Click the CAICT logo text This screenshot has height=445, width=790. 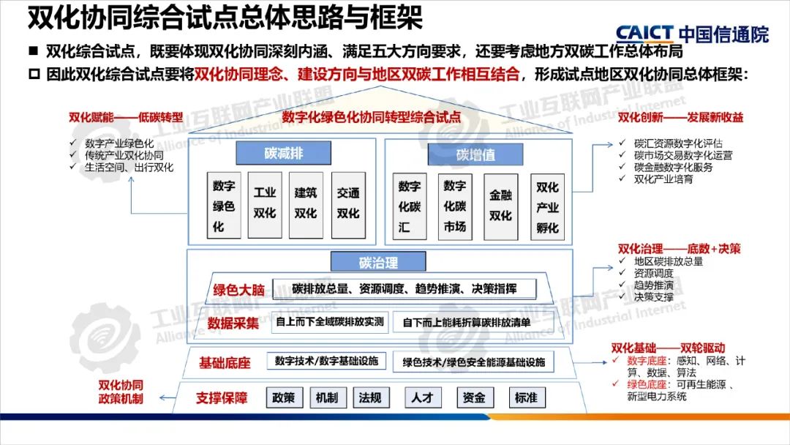click(x=644, y=33)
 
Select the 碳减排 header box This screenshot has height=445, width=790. click(x=284, y=153)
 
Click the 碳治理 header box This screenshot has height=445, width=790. click(x=378, y=262)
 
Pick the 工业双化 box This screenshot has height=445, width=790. click(x=265, y=203)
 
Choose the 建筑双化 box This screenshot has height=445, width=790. click(x=306, y=203)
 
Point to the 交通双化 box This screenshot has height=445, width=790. click(x=348, y=203)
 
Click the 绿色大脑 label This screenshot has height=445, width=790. click(x=238, y=290)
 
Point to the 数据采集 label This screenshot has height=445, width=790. click(x=233, y=323)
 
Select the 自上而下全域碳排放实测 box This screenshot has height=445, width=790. click(x=330, y=321)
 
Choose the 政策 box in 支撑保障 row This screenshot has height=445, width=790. click(x=283, y=397)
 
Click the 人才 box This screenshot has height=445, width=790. click(x=423, y=397)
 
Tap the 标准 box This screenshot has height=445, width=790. click(x=526, y=397)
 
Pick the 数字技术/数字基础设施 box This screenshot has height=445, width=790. click(x=327, y=361)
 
